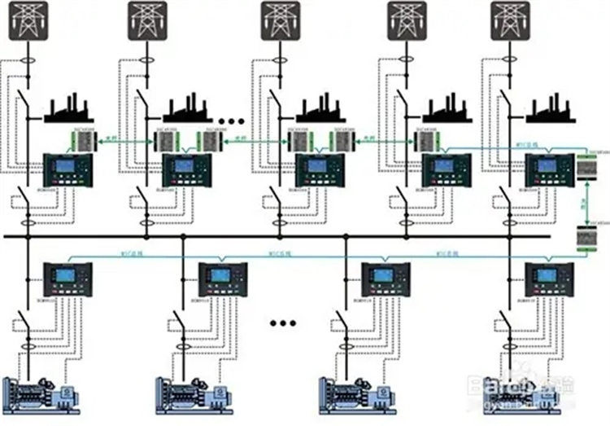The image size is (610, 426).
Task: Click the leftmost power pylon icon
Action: point(28,20)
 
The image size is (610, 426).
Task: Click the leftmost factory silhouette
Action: point(69,111)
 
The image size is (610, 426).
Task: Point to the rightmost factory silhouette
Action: point(552,111)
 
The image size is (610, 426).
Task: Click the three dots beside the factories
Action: point(232,121)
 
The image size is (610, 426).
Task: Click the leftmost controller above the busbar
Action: point(69,169)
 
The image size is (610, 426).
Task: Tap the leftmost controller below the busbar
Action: point(65,279)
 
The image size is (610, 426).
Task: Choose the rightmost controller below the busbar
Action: point(548,279)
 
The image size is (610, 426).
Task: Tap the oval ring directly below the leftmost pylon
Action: point(28,62)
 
